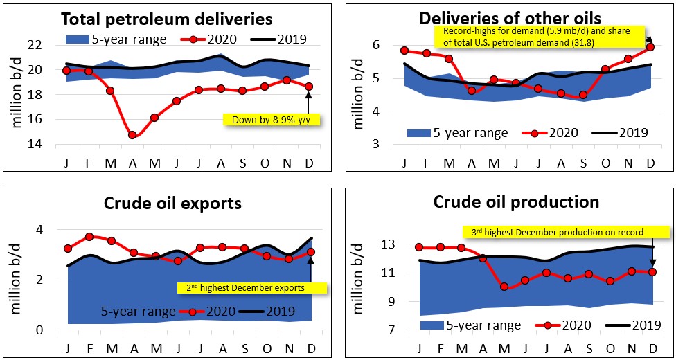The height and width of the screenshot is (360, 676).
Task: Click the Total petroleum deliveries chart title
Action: click(166, 18)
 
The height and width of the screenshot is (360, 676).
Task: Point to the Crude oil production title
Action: click(516, 202)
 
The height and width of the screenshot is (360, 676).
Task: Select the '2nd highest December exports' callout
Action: click(247, 287)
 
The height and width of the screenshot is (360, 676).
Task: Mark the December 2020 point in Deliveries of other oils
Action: click(650, 47)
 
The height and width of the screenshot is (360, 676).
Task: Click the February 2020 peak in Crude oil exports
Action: click(89, 237)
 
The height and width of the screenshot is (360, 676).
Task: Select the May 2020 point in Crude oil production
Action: click(504, 286)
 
